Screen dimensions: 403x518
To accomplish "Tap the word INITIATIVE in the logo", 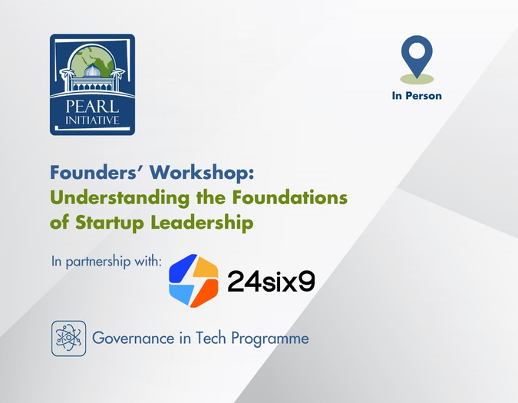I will [x=92, y=119].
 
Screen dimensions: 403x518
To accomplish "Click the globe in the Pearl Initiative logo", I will [x=101, y=57].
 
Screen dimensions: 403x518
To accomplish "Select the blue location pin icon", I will [x=417, y=55].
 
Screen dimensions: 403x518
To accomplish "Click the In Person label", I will [x=417, y=96].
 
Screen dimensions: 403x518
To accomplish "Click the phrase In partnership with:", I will [x=106, y=260].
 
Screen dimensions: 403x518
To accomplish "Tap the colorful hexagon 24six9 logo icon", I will [x=193, y=280].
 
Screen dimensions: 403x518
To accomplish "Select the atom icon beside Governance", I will [x=68, y=338].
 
